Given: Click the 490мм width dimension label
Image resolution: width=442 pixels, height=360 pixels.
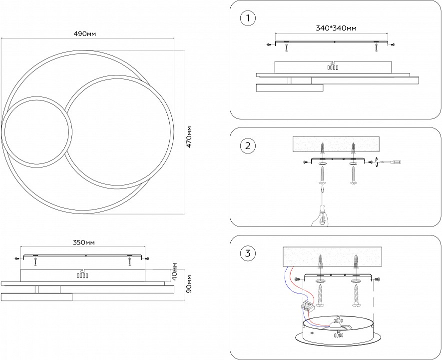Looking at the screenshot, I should (x=84, y=33).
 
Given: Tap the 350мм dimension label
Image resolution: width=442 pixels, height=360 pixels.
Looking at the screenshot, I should (x=83, y=242).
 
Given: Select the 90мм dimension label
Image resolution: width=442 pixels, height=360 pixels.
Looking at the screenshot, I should (x=189, y=284).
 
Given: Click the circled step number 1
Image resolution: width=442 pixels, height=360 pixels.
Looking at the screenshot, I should (x=247, y=19).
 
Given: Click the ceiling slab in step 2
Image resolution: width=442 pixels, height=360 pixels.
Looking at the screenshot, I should (x=337, y=144).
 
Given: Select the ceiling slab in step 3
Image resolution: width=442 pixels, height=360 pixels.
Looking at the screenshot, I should (x=332, y=256).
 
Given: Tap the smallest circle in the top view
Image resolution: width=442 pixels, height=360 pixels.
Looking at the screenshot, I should (x=37, y=131).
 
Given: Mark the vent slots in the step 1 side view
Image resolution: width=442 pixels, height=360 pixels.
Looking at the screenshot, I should (x=332, y=66).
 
